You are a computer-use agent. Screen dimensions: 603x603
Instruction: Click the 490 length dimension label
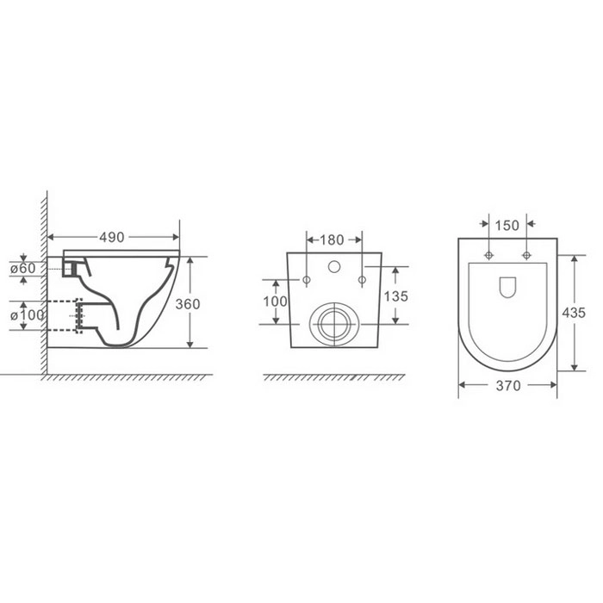[x=111, y=237]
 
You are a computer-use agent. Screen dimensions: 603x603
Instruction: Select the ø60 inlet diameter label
[x=22, y=268]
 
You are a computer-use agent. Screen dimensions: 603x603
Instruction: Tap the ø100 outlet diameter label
[x=27, y=315]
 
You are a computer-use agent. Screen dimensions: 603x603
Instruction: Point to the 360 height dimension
[x=188, y=304]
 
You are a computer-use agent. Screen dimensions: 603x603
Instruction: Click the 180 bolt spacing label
[x=332, y=240]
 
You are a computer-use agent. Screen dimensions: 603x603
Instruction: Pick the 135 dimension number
[x=395, y=296]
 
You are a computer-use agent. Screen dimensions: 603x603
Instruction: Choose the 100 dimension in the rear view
[x=275, y=301]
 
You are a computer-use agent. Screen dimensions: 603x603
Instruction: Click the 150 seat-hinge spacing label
[x=507, y=226]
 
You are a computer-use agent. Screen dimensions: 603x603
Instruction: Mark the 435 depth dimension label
[x=574, y=313]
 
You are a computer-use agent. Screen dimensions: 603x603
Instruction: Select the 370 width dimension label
[x=508, y=385]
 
